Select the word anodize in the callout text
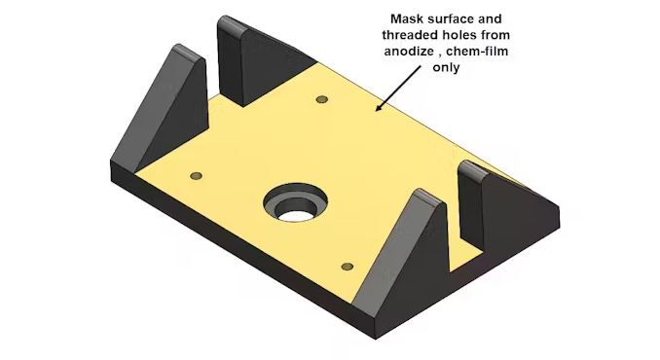409,52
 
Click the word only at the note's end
446,67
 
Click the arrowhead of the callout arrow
379,107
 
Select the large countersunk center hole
296,202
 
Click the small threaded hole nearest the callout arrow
322,99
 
